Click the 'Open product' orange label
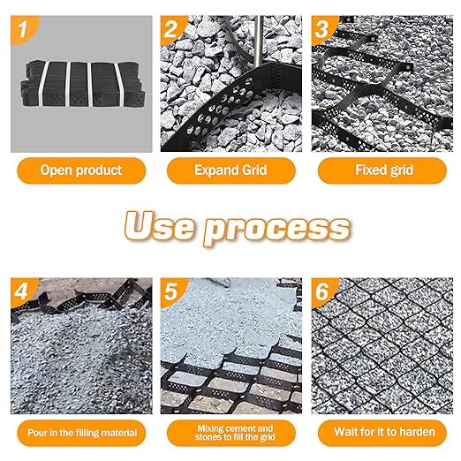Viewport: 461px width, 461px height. click(80, 170)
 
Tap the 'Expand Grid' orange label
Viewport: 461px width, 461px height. click(230, 170)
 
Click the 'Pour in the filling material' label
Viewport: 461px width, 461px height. click(80, 433)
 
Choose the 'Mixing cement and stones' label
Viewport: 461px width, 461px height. click(230, 433)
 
